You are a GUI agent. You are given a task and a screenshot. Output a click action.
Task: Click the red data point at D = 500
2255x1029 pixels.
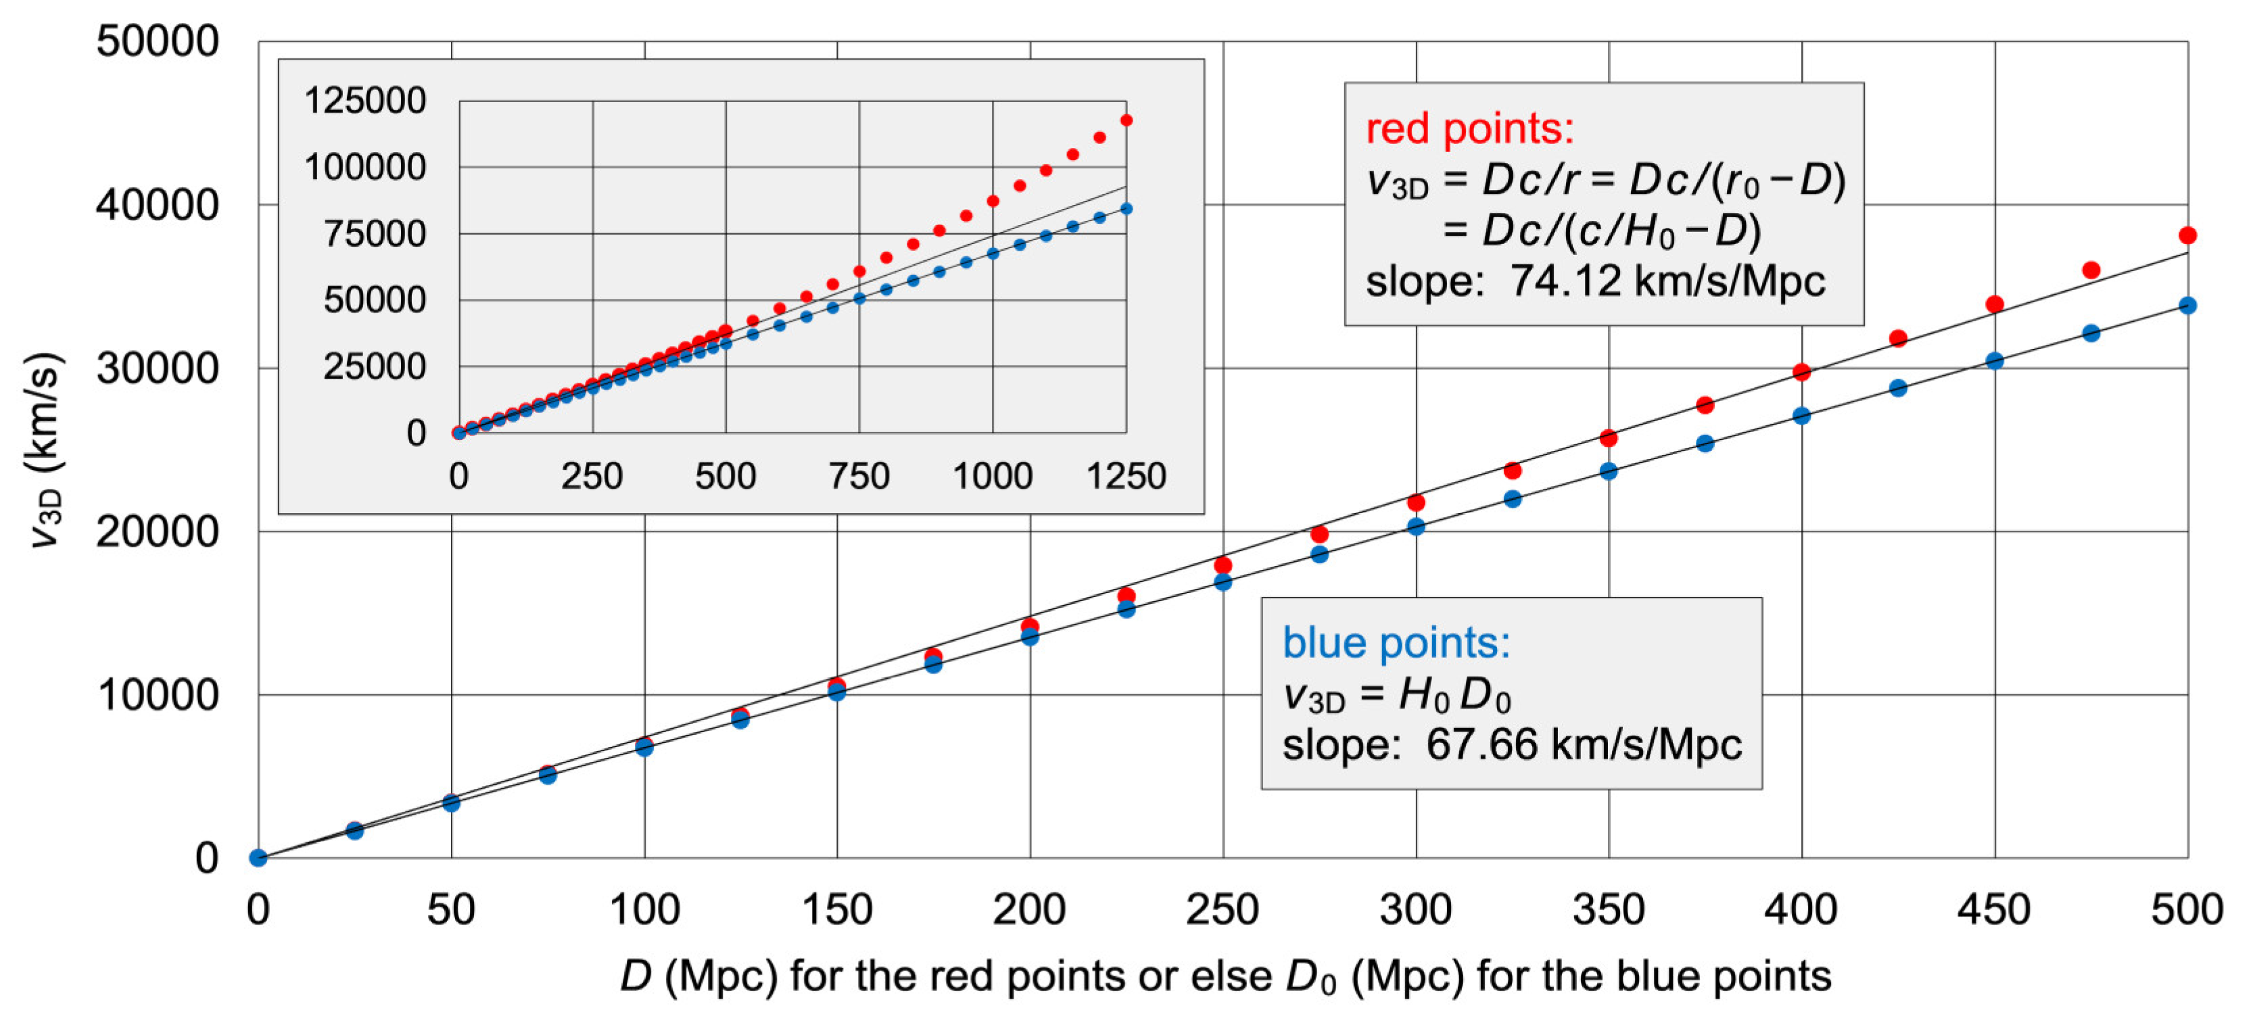tap(2187, 235)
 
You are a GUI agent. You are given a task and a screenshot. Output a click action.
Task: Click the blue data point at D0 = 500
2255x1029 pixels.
tap(2187, 306)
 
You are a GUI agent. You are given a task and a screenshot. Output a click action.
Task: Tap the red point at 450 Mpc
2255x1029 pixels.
tap(1995, 304)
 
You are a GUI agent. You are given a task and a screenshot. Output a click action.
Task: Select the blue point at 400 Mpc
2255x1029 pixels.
tap(1801, 416)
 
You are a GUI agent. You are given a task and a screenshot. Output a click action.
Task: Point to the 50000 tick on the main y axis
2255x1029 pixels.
tap(158, 41)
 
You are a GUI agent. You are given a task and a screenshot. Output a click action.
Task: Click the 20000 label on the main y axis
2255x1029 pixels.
tap(158, 531)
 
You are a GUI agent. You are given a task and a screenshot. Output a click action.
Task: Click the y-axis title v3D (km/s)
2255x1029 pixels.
tap(44, 451)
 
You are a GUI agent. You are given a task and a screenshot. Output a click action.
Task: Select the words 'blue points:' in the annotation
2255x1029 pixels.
tap(1396, 643)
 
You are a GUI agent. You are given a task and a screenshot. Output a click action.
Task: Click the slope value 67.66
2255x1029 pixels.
tap(1482, 744)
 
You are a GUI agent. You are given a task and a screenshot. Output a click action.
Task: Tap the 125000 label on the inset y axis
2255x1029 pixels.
tap(364, 101)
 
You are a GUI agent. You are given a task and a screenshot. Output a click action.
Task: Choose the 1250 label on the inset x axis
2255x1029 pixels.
tap(1126, 477)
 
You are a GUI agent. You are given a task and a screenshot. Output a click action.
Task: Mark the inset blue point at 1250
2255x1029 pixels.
tap(1126, 209)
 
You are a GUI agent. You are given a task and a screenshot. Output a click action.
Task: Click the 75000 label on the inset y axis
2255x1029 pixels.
tap(375, 234)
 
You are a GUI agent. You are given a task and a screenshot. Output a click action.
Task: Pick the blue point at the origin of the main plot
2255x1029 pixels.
tap(258, 857)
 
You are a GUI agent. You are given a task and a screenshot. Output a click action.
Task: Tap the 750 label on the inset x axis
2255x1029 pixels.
tap(859, 477)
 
